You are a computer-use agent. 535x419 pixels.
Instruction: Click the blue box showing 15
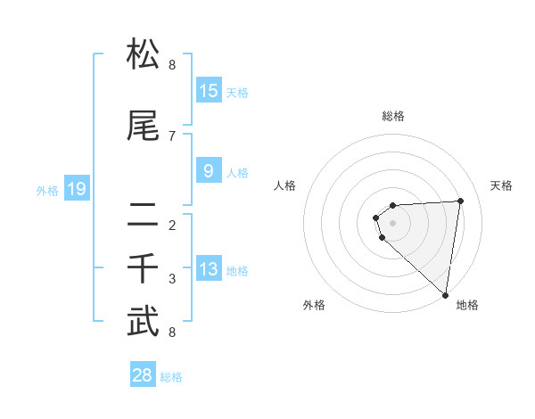tap(209, 91)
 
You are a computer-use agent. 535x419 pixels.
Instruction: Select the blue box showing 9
tap(209, 171)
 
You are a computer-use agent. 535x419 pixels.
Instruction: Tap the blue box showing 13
tap(209, 269)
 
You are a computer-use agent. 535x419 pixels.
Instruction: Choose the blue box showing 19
tap(77, 189)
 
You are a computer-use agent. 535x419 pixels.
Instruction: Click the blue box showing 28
tap(143, 375)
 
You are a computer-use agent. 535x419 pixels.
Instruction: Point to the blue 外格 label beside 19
tap(47, 190)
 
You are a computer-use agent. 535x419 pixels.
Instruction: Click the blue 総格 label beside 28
tap(171, 376)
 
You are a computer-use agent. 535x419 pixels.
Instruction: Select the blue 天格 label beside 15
tap(237, 92)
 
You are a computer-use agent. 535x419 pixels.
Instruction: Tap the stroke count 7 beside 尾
tap(172, 136)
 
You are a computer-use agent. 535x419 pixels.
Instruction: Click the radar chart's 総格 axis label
tap(393, 116)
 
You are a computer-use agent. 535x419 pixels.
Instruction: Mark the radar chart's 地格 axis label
tap(467, 306)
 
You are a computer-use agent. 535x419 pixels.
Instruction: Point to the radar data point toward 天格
tap(460, 201)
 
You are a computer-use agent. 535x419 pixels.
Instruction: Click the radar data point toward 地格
tap(445, 294)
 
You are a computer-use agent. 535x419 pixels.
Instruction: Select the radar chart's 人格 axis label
tap(284, 185)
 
